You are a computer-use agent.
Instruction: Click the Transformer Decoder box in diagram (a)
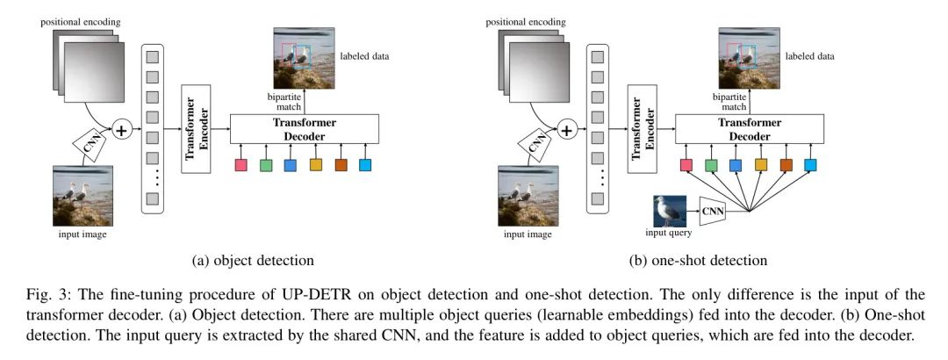click(304, 129)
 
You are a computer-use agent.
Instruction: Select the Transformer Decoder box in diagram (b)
click(748, 129)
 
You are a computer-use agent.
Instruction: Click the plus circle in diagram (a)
click(120, 130)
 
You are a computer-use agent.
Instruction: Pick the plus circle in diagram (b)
click(566, 130)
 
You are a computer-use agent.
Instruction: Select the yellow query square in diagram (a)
click(316, 165)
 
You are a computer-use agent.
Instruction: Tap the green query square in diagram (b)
click(712, 165)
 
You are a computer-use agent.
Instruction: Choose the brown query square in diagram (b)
click(786, 165)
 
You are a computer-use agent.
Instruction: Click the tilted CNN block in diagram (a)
click(90, 143)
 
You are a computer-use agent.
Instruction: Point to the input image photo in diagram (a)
click(77, 196)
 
